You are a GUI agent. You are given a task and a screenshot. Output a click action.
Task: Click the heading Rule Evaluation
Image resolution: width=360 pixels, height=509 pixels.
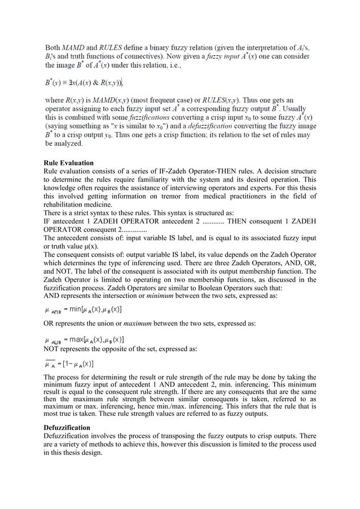coord(68,163)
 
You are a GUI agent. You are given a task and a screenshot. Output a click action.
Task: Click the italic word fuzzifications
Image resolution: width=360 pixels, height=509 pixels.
coord(144,117)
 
